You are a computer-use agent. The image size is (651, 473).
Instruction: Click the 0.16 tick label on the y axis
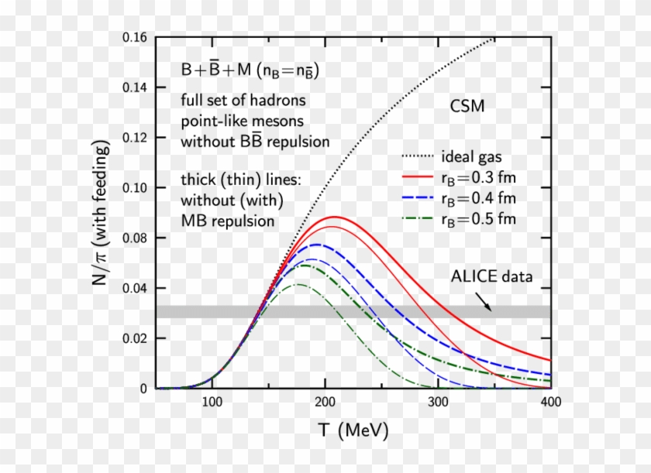[x=138, y=37]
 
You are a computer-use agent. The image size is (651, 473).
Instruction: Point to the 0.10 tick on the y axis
[x=138, y=188]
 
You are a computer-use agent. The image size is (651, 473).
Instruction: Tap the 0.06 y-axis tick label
[x=138, y=288]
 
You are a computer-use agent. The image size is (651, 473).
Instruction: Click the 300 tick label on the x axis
[x=438, y=403]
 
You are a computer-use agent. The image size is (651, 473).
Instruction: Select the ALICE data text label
[x=492, y=276]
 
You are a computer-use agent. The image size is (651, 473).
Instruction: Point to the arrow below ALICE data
[x=483, y=300]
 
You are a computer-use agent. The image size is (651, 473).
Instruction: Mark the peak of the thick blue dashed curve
[x=318, y=245]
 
